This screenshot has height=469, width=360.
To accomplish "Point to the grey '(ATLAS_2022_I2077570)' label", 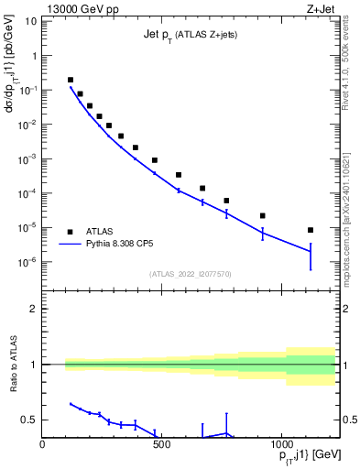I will click(x=190, y=274).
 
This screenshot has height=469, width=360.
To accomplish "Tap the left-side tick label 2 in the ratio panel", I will click(x=33, y=309).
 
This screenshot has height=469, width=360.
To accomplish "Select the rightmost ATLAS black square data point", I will click(x=311, y=230).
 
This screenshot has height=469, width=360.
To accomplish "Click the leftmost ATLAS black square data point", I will click(x=71, y=80).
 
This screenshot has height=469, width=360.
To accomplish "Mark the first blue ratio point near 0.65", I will click(x=71, y=403).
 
